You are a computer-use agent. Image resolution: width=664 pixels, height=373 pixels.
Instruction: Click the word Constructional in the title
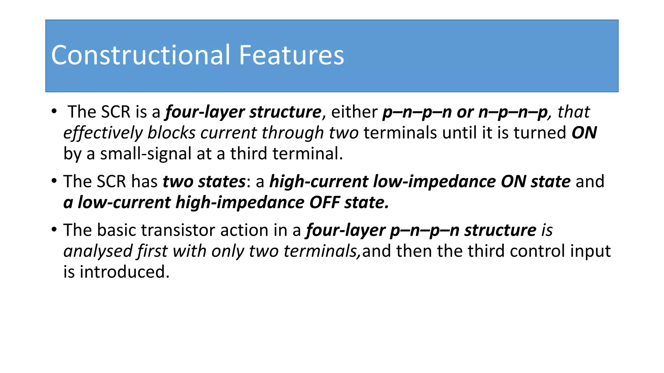(x=141, y=55)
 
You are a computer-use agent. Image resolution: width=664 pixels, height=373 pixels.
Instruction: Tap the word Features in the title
(x=291, y=55)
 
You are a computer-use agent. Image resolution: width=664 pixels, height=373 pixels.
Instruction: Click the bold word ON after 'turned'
(x=584, y=133)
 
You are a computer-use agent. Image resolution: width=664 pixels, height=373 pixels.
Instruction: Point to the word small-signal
(x=146, y=154)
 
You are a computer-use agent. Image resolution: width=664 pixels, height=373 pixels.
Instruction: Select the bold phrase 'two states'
(x=204, y=181)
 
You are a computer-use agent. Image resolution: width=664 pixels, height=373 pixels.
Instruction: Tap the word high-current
(x=319, y=181)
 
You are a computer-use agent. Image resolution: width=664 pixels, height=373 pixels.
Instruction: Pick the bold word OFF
(x=324, y=202)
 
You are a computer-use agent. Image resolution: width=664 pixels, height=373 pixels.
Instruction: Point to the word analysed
(x=98, y=251)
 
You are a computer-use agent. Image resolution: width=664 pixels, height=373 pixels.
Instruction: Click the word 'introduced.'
(x=124, y=272)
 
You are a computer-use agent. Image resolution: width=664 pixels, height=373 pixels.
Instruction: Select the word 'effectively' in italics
(x=103, y=133)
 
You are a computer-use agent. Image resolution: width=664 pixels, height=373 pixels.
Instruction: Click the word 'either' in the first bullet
(x=354, y=112)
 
